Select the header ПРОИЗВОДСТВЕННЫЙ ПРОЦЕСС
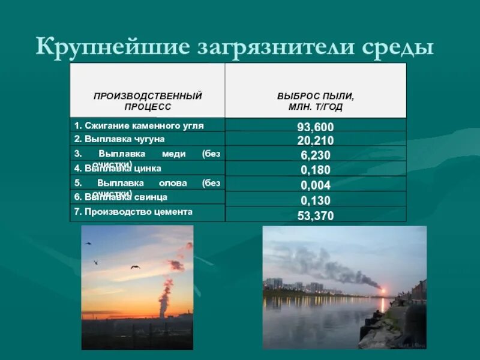pyautogui.click(x=148, y=101)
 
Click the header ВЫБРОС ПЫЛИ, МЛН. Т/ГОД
pyautogui.click(x=316, y=101)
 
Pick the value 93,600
pyautogui.click(x=316, y=127)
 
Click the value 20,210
pyautogui.click(x=316, y=141)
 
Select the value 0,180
pyautogui.click(x=316, y=170)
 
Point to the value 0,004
pyautogui.click(x=316, y=185)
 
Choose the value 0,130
pyautogui.click(x=316, y=200)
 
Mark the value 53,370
pyautogui.click(x=316, y=215)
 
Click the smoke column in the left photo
pyautogui.click(x=165, y=297)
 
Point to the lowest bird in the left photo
pyautogui.click(x=135, y=266)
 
